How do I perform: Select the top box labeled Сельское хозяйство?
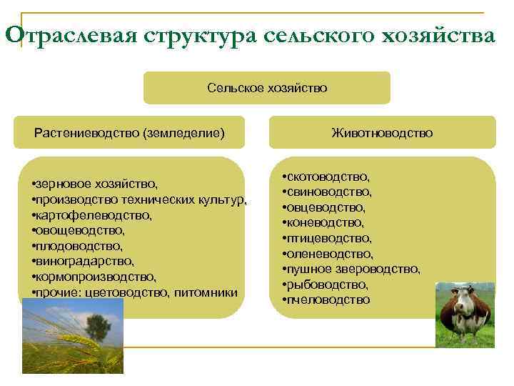tap(267, 88)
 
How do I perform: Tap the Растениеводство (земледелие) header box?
tap(129, 132)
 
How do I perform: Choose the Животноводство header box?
tap(382, 132)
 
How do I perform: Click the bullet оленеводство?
tap(328, 253)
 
